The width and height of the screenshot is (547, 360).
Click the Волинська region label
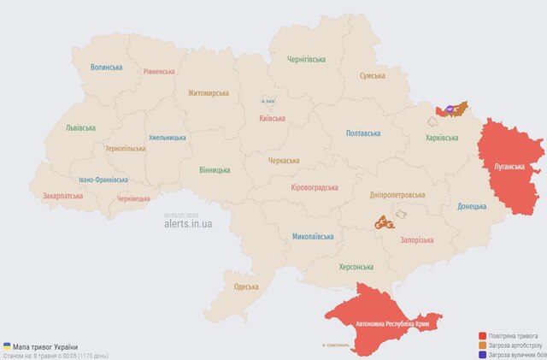(x=107, y=67)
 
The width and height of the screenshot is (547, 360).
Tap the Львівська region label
(x=80, y=127)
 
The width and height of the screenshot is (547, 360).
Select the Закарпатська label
(x=62, y=196)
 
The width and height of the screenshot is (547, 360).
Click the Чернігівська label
(x=307, y=59)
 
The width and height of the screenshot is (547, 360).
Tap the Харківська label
(x=447, y=138)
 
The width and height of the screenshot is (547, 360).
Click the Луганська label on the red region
(x=509, y=166)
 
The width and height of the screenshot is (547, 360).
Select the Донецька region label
(x=471, y=206)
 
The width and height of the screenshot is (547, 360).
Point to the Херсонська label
(x=356, y=267)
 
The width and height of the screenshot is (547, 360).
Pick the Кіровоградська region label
(x=315, y=187)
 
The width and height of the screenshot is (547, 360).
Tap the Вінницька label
(x=214, y=170)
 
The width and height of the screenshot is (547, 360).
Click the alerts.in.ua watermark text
(x=188, y=223)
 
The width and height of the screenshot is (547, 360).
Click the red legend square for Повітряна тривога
(x=483, y=337)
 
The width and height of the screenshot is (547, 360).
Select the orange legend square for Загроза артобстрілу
(x=483, y=345)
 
